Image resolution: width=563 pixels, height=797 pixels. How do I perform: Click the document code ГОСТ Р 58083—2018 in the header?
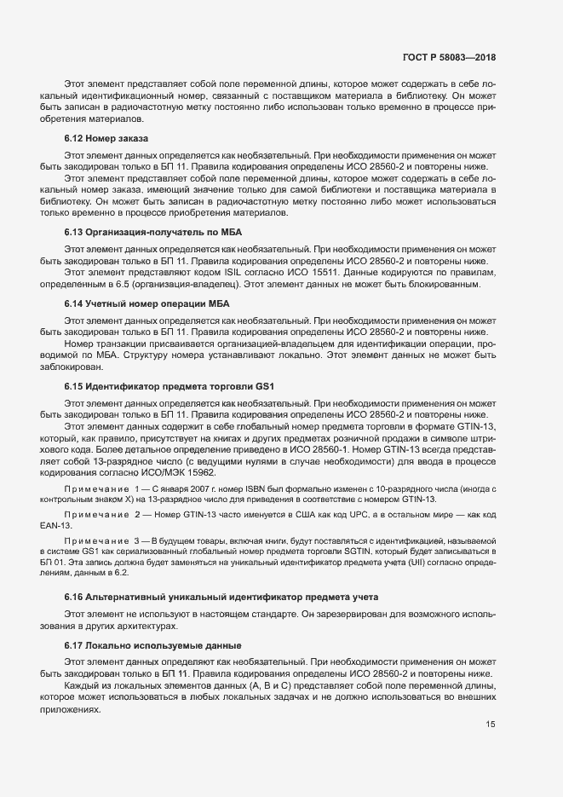click(449, 57)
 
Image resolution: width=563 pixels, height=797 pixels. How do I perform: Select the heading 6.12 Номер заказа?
click(106, 138)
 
